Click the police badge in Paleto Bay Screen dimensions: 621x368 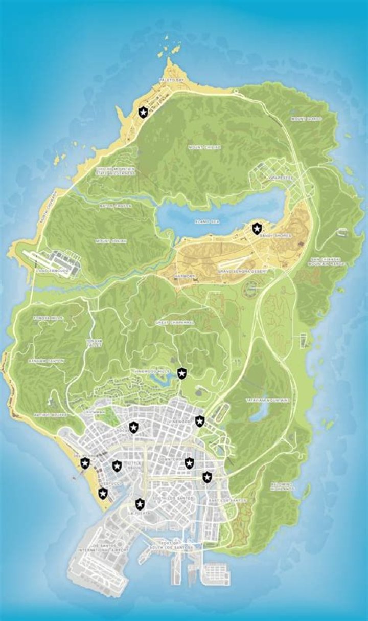(x=144, y=112)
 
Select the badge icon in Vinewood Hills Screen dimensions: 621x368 (x=181, y=373)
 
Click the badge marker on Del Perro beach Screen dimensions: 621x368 (x=85, y=463)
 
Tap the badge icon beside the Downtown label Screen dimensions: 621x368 (x=190, y=463)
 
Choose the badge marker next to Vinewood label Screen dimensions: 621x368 (x=199, y=421)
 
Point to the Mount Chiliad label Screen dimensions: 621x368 (x=205, y=147)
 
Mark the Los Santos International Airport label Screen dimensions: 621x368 (x=102, y=549)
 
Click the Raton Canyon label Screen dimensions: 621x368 (x=115, y=206)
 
